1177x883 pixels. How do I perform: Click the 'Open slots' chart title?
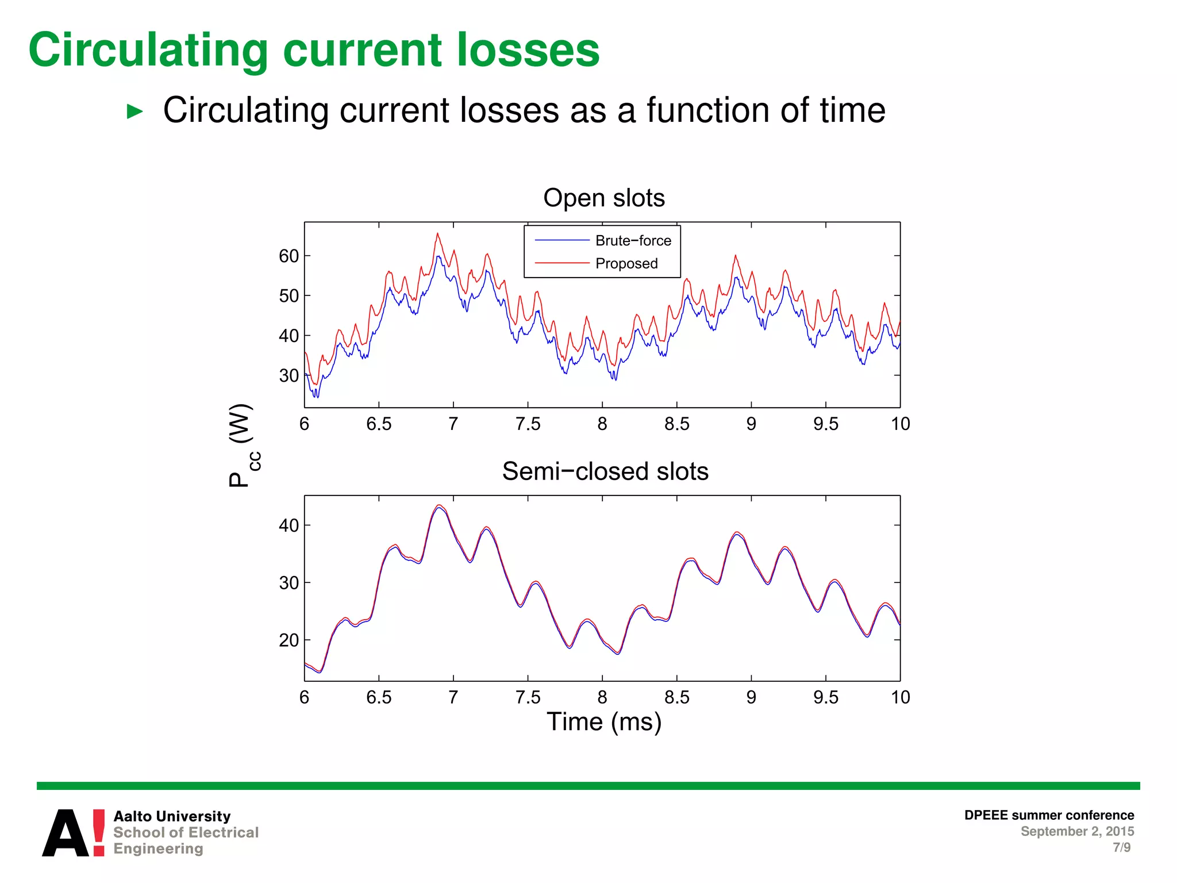pos(604,198)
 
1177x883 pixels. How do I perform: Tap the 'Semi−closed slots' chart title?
pos(605,471)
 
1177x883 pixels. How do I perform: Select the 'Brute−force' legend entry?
pos(633,240)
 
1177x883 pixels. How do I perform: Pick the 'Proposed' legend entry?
pos(626,263)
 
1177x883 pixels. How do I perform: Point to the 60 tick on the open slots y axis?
pos(289,256)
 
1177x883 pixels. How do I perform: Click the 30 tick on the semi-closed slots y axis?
pos(289,583)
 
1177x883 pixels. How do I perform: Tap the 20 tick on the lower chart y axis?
pos(289,640)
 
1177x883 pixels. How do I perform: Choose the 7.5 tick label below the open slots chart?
pos(528,424)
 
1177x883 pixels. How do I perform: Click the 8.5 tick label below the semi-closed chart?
pos(676,697)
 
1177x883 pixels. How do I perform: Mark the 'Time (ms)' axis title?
pos(604,722)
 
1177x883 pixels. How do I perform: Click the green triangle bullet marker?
pos(134,112)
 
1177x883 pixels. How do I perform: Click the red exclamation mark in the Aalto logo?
pos(99,832)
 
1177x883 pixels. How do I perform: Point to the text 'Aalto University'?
pos(172,816)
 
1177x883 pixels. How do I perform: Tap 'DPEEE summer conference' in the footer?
pos(1049,815)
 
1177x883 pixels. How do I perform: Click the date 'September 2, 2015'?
pos(1077,831)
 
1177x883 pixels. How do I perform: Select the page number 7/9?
pos(1121,847)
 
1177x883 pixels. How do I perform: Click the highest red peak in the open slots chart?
pos(437,234)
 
